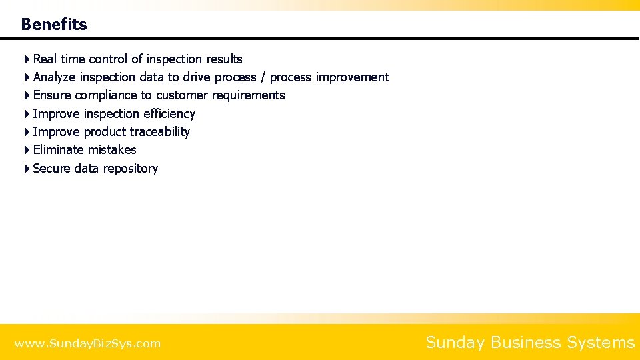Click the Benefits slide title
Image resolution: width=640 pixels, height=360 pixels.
54,25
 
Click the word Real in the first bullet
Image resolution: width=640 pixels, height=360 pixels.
45,59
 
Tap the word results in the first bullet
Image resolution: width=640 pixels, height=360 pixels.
224,59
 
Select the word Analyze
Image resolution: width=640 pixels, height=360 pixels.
54,77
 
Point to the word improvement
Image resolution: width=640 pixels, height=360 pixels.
352,77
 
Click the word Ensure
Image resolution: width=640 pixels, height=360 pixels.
52,95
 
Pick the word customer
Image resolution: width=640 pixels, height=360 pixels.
182,95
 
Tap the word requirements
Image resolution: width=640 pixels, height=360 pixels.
248,95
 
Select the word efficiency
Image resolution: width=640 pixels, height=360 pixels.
169,114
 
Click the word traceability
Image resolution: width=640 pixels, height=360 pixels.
160,132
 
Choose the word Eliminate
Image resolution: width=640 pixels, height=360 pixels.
59,150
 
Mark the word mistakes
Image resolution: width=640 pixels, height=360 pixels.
112,150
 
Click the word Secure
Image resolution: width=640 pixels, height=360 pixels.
51,169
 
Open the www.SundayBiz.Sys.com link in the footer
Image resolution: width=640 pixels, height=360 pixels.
87,344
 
